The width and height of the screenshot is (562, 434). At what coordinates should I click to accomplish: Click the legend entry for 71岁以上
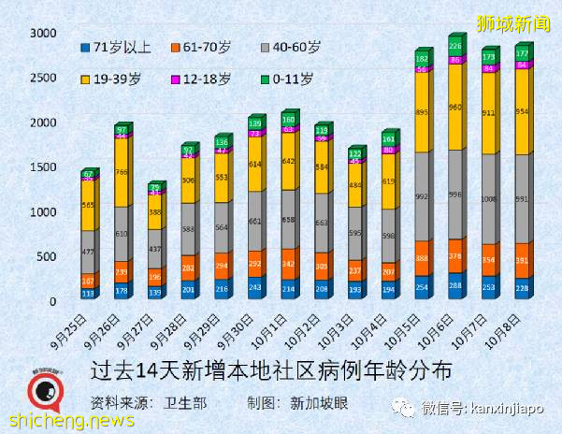[112, 46]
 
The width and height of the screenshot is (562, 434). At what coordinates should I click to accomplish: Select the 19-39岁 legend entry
[112, 79]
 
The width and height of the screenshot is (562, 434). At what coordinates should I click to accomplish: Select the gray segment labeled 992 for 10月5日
[422, 196]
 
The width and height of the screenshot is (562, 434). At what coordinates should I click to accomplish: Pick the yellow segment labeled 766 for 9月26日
[122, 171]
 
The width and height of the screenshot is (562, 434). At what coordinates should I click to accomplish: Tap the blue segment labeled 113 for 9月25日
[88, 293]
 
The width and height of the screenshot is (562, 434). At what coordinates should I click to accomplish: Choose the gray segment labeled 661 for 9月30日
[254, 222]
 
